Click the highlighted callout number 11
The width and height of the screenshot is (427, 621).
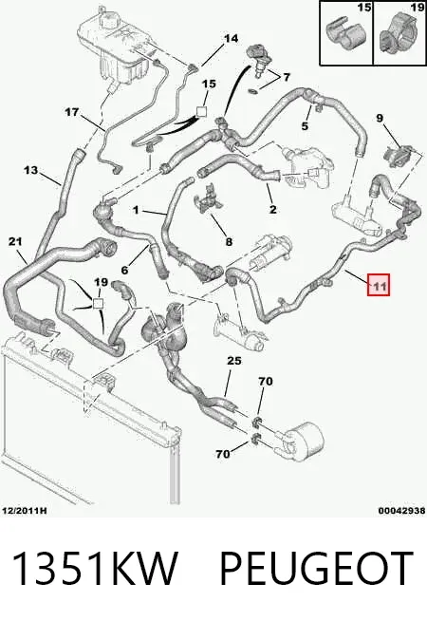[x=380, y=284]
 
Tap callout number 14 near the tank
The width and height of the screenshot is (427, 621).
[x=232, y=38]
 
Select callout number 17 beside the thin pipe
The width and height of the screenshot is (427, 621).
[x=71, y=112]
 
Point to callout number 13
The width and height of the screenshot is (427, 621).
[x=30, y=170]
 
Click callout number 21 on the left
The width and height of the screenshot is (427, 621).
[x=15, y=241]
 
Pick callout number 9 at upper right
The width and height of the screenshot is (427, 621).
[x=380, y=118]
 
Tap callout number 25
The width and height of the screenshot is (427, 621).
[x=234, y=361]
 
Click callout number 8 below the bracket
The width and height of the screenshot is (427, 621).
[x=229, y=241]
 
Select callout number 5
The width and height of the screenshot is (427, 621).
[x=305, y=126]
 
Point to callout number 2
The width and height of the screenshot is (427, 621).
[x=272, y=209]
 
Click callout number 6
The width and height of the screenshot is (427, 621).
[x=125, y=270]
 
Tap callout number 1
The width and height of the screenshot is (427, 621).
[x=136, y=210]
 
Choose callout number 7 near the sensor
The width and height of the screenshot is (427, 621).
[x=287, y=77]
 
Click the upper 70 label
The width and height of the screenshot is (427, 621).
[x=266, y=382]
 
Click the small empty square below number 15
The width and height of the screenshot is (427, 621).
[x=202, y=111]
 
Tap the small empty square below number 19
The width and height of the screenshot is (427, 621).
[x=98, y=303]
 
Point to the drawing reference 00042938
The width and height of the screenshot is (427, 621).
[x=401, y=511]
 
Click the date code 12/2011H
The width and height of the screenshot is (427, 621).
[x=25, y=511]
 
